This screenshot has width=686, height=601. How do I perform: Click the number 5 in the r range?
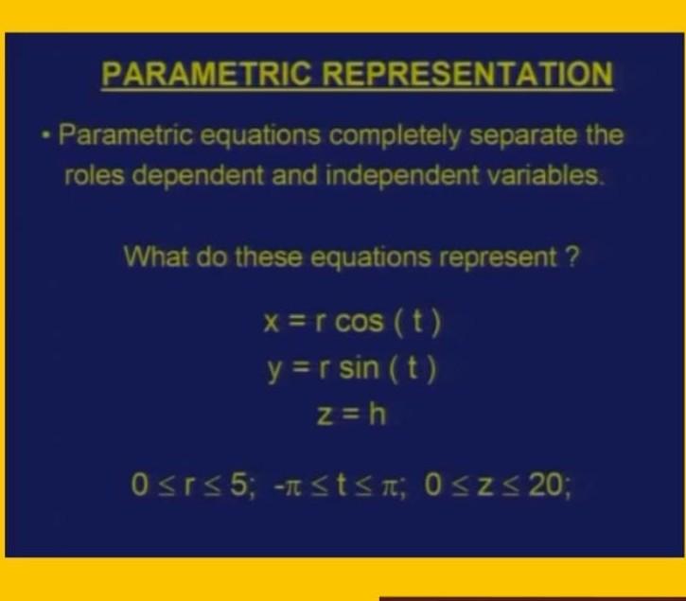tap(237, 487)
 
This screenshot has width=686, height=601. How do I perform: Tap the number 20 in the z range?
tap(548, 487)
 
